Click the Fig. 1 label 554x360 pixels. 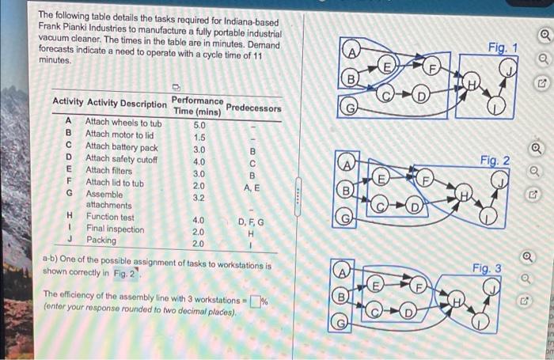[503, 47]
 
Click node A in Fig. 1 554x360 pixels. [352, 52]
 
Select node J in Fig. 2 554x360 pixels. [500, 180]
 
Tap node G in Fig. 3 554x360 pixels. [340, 322]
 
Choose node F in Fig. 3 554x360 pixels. [418, 286]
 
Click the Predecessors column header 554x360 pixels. [254, 108]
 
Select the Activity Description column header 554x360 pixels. [127, 103]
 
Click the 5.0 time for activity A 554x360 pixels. [199, 126]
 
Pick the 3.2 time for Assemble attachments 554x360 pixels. [199, 198]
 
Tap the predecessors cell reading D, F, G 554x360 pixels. [251, 222]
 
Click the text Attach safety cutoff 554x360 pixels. [122, 159]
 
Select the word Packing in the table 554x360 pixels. [101, 240]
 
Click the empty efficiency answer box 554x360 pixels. [256, 301]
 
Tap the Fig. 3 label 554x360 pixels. [487, 268]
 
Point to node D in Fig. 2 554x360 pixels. [413, 206]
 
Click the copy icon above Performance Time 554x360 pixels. [176, 87]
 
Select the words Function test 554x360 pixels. [110, 217]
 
